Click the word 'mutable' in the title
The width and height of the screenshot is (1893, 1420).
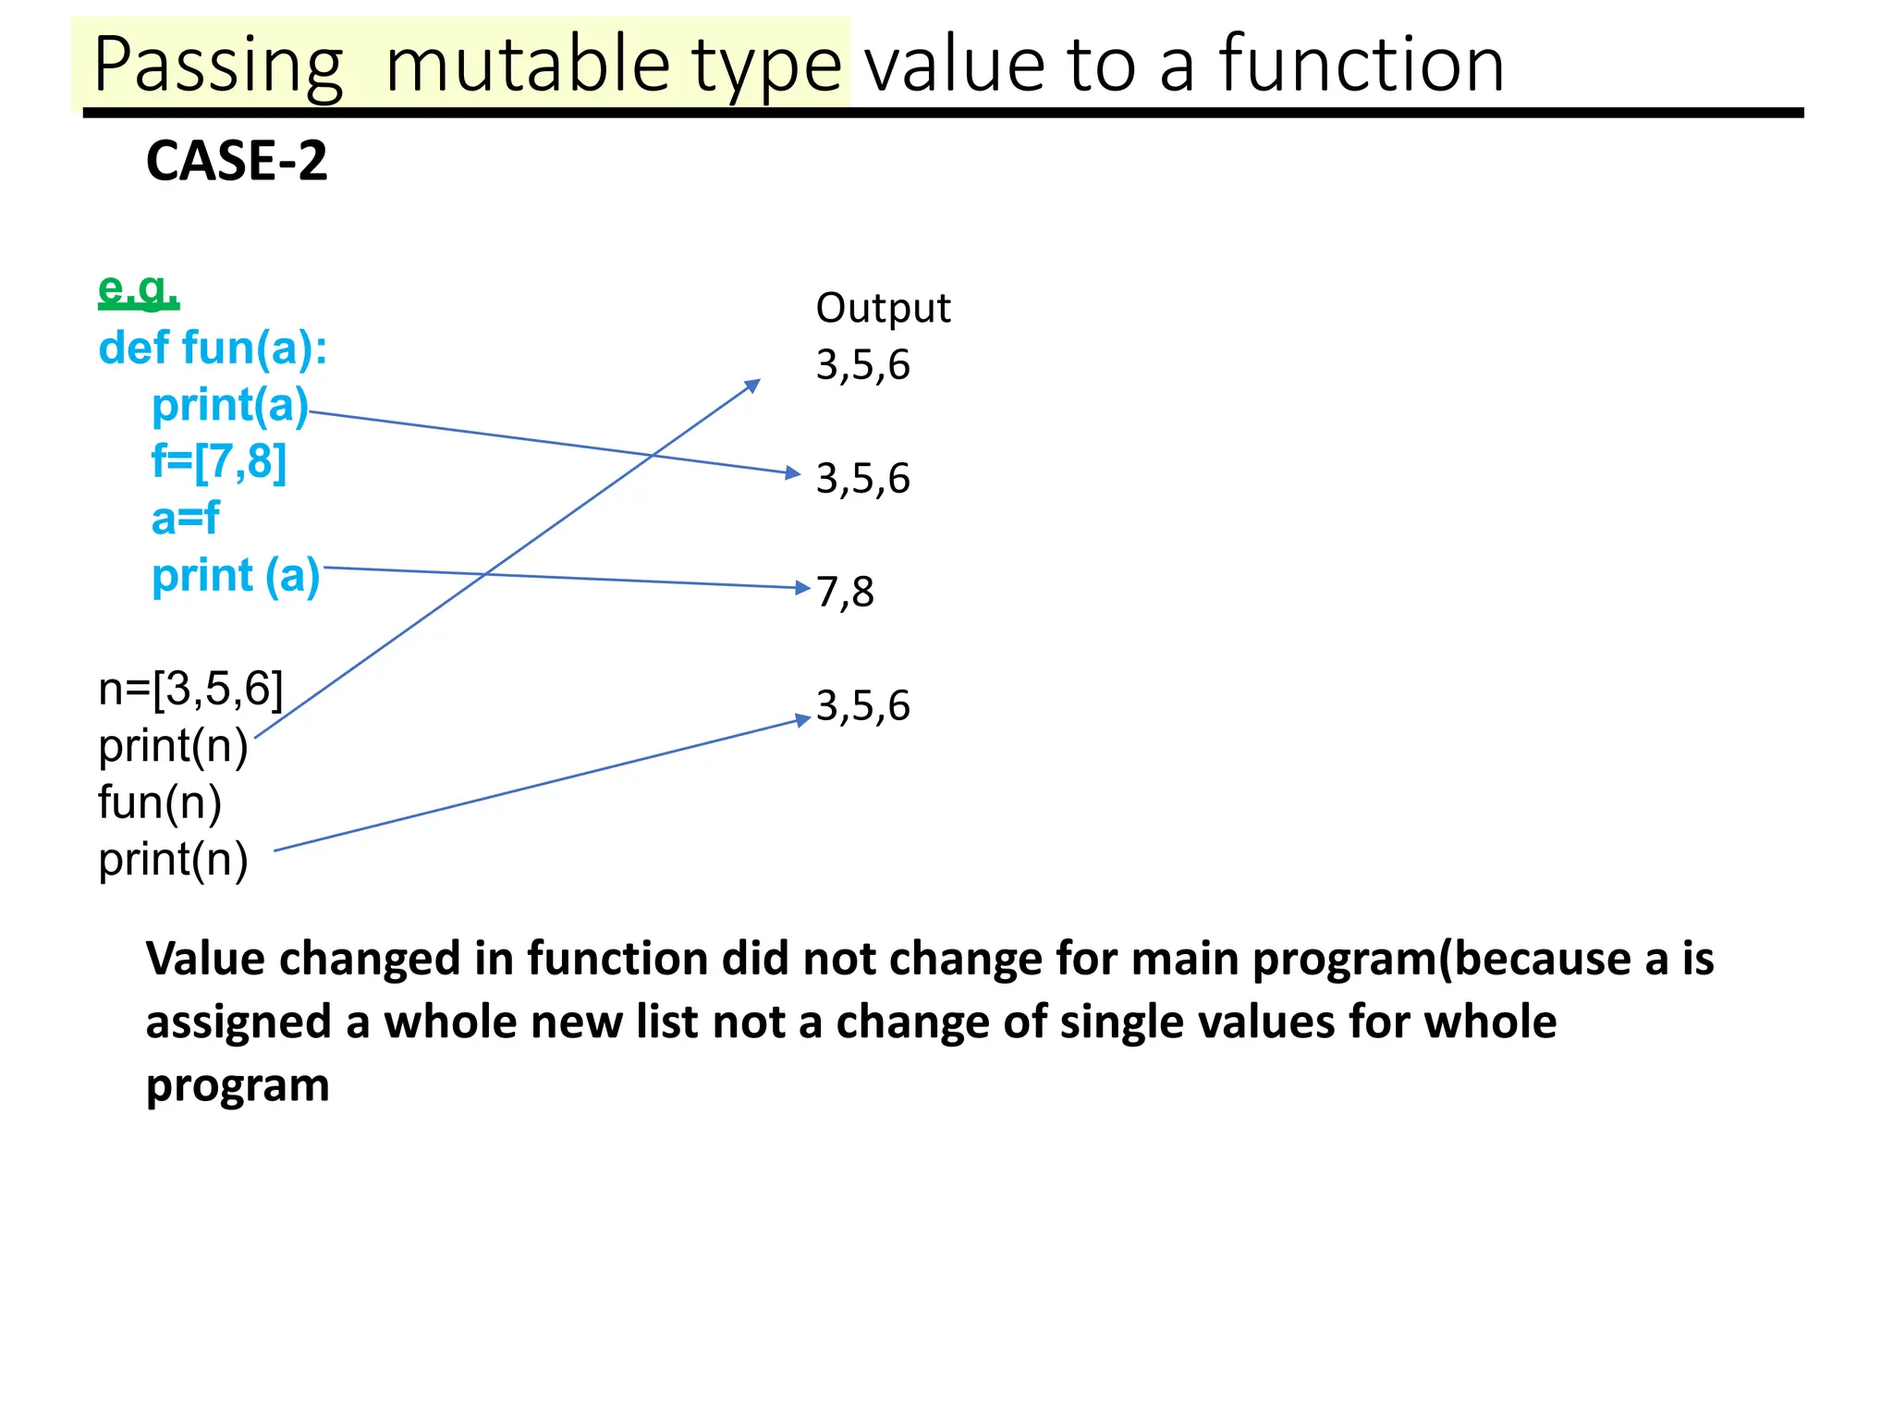tap(527, 65)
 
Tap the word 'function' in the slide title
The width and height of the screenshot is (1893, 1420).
tap(1362, 65)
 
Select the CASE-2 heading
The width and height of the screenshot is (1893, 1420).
tap(237, 161)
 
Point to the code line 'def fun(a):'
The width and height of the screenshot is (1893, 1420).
tap(213, 349)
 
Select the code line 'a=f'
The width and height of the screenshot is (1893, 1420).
tap(185, 519)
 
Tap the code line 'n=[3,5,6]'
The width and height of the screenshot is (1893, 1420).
tap(190, 690)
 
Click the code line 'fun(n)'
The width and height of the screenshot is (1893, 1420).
tap(160, 802)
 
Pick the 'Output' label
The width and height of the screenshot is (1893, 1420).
tap(883, 308)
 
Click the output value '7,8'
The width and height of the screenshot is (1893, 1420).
tap(845, 592)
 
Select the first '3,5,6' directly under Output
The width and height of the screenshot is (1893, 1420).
tap(862, 365)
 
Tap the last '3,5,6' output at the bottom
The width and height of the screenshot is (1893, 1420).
tap(862, 706)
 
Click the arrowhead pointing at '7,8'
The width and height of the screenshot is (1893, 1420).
tap(803, 587)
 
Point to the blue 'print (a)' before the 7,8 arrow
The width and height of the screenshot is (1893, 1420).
tap(236, 576)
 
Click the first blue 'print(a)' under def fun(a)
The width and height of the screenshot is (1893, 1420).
tap(230, 406)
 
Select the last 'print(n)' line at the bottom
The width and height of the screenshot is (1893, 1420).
tap(173, 860)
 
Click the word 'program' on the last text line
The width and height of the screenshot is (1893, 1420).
tap(238, 1085)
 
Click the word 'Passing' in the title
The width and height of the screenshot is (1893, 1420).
tap(218, 65)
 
